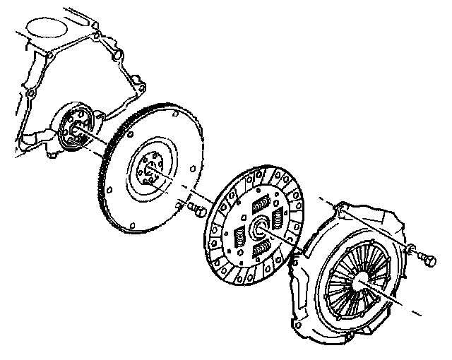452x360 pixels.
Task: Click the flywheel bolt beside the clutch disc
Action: click(197, 209)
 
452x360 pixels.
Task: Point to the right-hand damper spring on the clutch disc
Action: click(280, 221)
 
